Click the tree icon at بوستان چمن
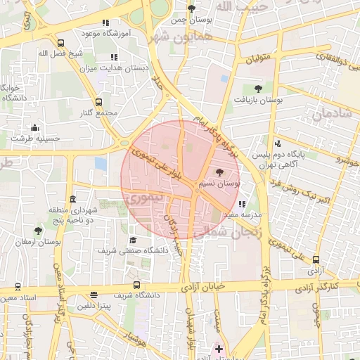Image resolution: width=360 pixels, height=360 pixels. (x=191, y=9)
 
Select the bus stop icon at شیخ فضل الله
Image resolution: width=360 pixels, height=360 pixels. (x=61, y=42)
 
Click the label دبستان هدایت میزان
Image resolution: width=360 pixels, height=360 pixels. (x=114, y=67)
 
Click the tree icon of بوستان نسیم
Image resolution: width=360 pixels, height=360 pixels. (x=219, y=172)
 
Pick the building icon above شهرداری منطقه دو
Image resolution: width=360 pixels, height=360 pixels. (x=73, y=199)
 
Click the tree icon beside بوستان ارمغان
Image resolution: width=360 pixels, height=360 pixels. (x=37, y=230)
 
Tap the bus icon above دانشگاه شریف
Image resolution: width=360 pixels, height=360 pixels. (x=136, y=285)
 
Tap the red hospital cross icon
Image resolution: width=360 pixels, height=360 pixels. (x=219, y=349)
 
